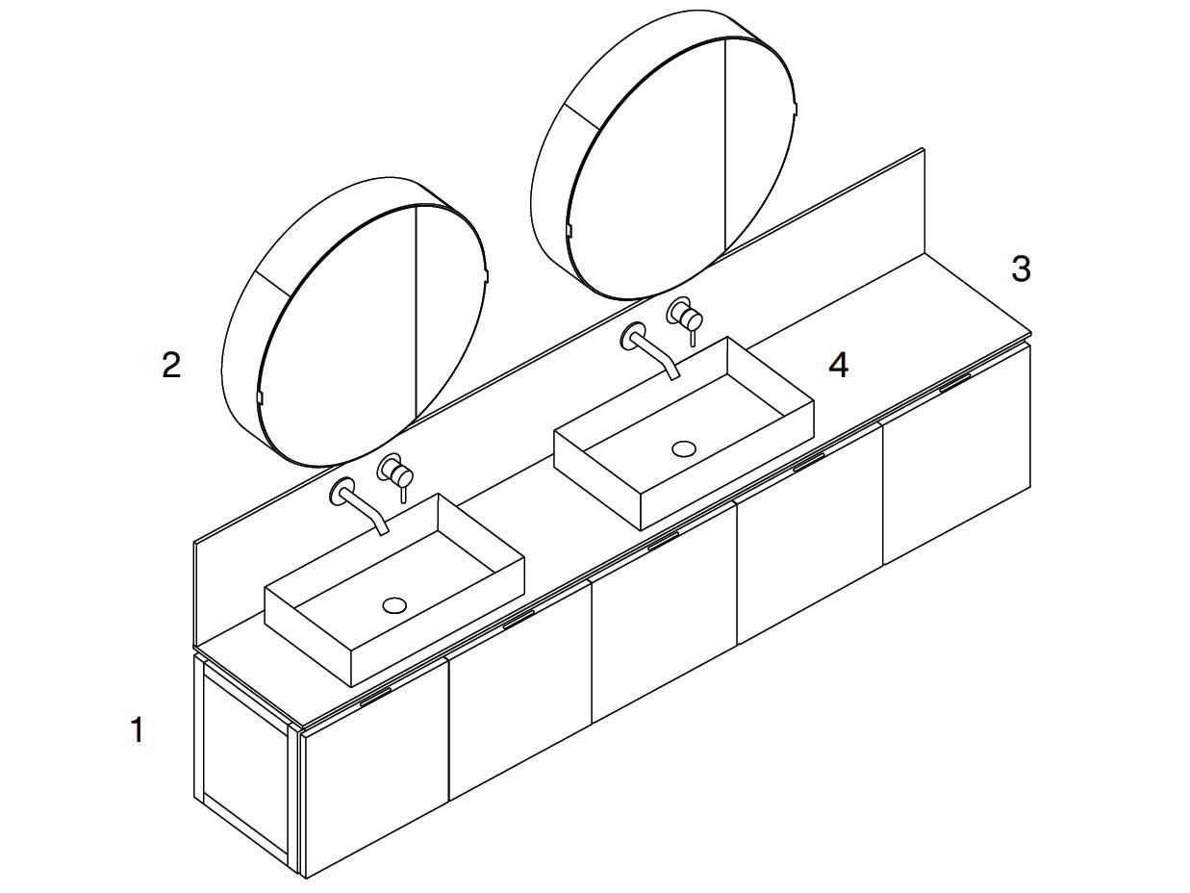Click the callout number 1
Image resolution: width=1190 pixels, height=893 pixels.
pos(138,729)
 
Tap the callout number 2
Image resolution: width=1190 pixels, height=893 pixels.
pos(171,365)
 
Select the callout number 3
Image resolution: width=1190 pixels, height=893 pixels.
pos(1021,268)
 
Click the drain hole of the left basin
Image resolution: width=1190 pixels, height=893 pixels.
pos(394,605)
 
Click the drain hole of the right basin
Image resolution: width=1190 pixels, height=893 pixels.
pos(684,448)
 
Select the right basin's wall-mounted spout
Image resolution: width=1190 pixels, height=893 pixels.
pos(648,349)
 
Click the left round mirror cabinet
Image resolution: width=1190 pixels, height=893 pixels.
pos(354,321)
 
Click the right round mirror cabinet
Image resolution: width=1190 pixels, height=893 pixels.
pos(664,155)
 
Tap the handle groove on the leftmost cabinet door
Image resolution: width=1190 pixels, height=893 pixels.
pos(375,698)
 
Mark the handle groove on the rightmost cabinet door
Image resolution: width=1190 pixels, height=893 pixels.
pos(954,382)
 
